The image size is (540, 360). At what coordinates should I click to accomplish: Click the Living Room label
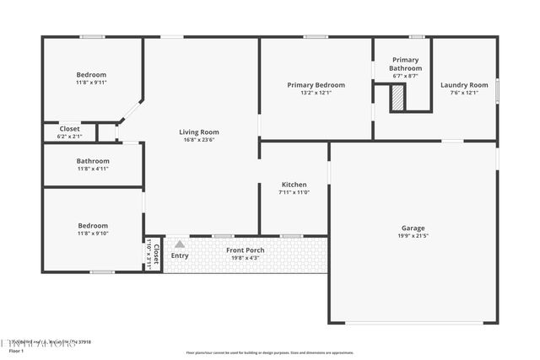[x=199, y=132]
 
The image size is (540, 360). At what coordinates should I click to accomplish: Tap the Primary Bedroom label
[x=316, y=85]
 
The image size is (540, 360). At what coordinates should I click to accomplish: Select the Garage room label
[x=413, y=228]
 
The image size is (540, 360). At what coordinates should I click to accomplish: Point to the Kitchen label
[x=294, y=185]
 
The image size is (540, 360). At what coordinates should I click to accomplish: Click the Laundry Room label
[x=464, y=85]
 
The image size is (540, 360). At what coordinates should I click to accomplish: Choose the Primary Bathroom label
[x=405, y=64]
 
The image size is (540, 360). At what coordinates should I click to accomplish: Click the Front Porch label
[x=245, y=250]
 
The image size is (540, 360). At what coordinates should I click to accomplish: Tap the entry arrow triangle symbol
[x=179, y=244]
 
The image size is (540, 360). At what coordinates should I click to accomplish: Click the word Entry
[x=180, y=255]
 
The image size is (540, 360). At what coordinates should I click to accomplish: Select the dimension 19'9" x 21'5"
[x=413, y=236]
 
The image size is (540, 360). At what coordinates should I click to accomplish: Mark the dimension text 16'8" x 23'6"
[x=199, y=140]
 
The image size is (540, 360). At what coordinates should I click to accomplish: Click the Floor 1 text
[x=16, y=351]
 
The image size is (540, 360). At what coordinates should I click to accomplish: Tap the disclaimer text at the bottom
[x=270, y=352]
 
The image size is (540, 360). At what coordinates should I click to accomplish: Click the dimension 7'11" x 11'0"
[x=294, y=192]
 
